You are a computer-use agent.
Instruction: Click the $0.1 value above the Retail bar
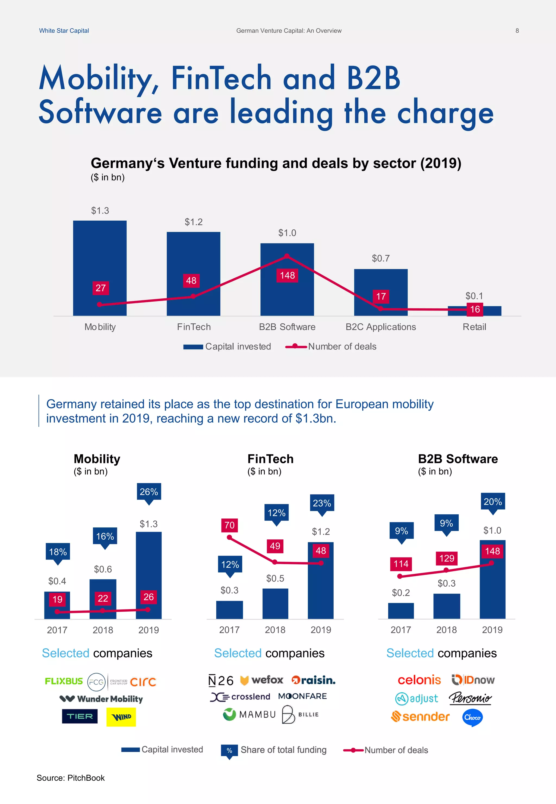(474, 296)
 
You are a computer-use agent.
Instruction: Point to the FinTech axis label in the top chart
(194, 327)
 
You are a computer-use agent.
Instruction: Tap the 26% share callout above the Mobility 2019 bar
(149, 492)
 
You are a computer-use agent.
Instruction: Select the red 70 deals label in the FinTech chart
(229, 525)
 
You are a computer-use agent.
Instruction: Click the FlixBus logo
(64, 681)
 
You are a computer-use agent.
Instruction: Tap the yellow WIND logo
(121, 717)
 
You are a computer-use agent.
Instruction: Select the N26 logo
(220, 681)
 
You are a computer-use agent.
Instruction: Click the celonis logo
(419, 680)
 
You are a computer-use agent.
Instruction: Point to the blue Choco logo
(472, 717)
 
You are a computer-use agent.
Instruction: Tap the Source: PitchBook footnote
(71, 778)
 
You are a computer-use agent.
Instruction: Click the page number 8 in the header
(517, 31)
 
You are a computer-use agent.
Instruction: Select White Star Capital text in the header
(64, 31)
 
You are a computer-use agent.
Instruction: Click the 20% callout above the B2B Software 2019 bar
(492, 502)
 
